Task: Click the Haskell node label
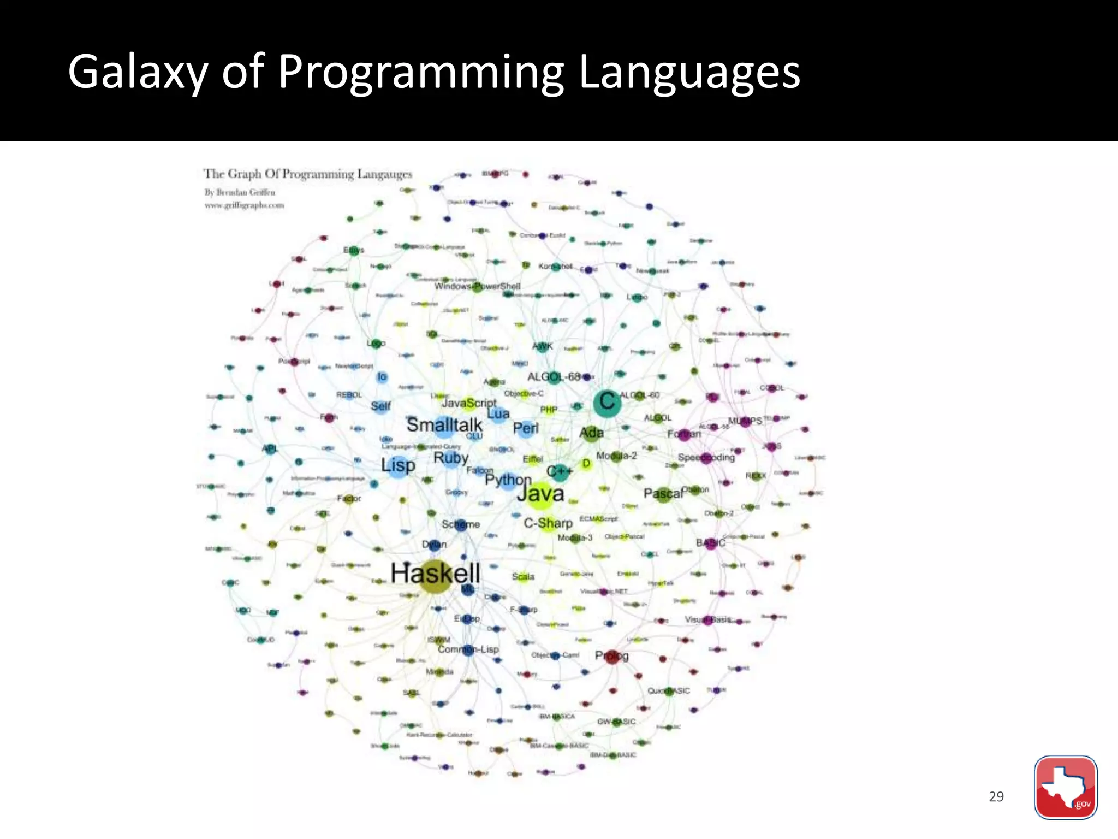pos(435,573)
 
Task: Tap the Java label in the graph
pos(540,493)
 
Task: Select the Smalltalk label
pos(444,424)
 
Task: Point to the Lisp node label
pos(398,465)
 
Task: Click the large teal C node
pos(607,402)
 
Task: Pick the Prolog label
pos(611,655)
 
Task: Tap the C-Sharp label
pos(548,523)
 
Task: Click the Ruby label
pos(451,458)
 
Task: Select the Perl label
pos(525,428)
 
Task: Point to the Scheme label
pos(461,524)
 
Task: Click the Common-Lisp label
pos(468,649)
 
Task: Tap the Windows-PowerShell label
pos(477,286)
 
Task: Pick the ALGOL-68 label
pos(554,377)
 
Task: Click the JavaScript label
pos(469,403)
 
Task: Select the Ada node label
pos(591,433)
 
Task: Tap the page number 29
pos(996,796)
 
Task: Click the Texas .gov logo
pos(1065,787)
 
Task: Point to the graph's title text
pos(308,174)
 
